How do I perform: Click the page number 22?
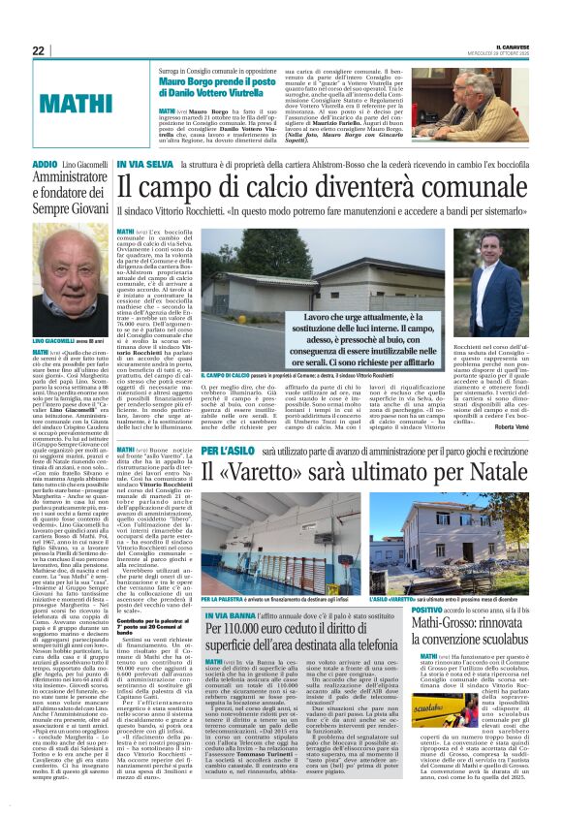pyautogui.click(x=38, y=50)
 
